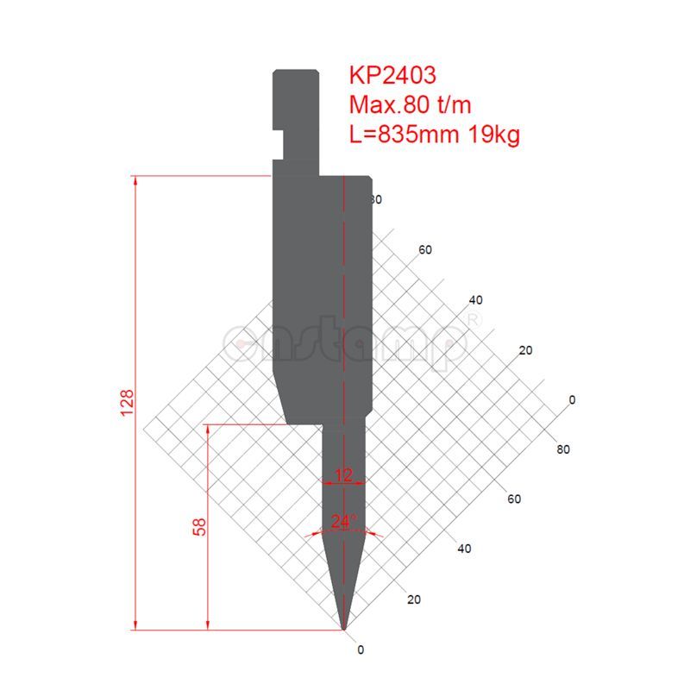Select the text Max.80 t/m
point(410,104)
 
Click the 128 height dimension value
point(126,403)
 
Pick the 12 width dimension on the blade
point(344,474)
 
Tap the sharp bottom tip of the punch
point(344,628)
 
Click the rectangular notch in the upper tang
point(279,135)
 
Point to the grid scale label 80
point(563,449)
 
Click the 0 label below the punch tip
point(361,649)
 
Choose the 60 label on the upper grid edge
point(425,250)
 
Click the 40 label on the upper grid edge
point(475,300)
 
